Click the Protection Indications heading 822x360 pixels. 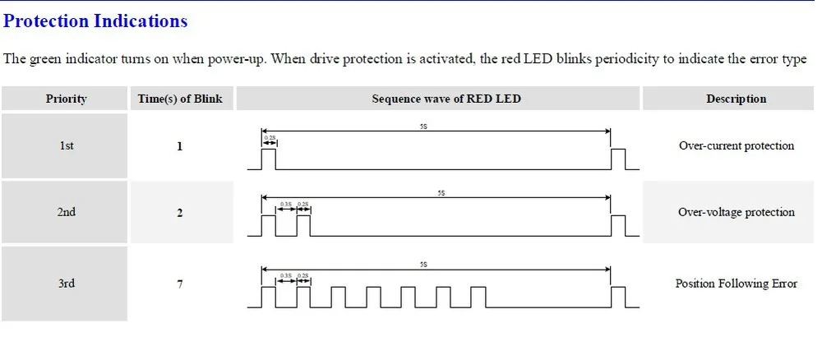point(96,21)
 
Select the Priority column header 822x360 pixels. point(66,99)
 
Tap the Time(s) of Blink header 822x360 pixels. point(180,99)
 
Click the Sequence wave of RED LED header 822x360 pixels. point(446,99)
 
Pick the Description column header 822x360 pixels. point(736,99)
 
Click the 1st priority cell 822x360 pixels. point(66,145)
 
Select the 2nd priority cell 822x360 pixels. point(66,212)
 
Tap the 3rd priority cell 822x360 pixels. point(66,284)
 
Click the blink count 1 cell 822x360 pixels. point(180,146)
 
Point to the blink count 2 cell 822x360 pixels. point(180,213)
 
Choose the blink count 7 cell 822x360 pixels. point(180,284)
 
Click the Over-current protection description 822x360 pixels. point(736,145)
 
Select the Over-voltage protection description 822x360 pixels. point(736,212)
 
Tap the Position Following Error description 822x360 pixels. point(736,284)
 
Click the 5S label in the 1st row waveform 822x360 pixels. point(423,127)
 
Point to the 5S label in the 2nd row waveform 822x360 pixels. point(441,193)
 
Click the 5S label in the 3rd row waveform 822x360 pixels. point(423,265)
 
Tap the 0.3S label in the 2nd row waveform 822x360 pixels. point(286,204)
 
